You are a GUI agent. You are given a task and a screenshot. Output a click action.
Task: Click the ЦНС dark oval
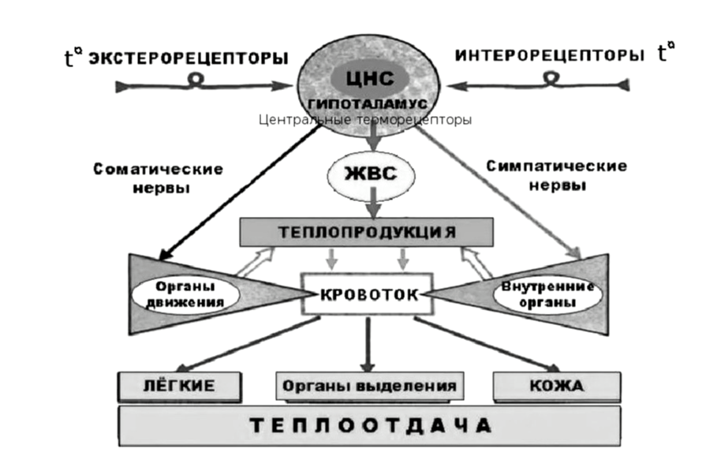click(x=369, y=79)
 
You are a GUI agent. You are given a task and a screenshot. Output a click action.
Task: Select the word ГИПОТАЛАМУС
click(x=369, y=103)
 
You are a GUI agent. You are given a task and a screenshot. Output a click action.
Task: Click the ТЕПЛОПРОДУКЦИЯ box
click(x=367, y=231)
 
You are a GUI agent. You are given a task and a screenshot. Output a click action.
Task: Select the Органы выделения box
click(x=369, y=387)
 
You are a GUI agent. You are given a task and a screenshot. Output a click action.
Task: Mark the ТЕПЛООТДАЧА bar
click(x=367, y=425)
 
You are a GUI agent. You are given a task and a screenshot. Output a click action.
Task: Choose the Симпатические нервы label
click(x=557, y=176)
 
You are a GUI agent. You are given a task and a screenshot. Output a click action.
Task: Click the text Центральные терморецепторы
click(x=364, y=120)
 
